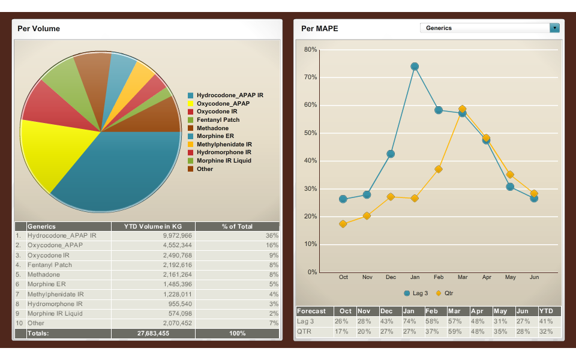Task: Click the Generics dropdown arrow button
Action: click(x=554, y=28)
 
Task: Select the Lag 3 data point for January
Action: click(x=415, y=67)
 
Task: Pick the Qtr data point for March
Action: click(x=462, y=110)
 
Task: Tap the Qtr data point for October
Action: click(x=343, y=224)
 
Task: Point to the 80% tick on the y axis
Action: click(x=310, y=50)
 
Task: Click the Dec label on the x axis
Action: click(x=391, y=277)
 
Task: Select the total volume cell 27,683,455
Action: click(x=153, y=333)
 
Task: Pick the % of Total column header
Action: click(x=237, y=226)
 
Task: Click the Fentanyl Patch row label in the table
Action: click(x=50, y=265)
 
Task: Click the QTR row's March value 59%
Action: click(x=455, y=331)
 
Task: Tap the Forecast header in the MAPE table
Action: click(x=311, y=311)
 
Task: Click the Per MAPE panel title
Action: click(x=319, y=28)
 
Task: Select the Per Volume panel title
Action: click(x=38, y=28)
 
